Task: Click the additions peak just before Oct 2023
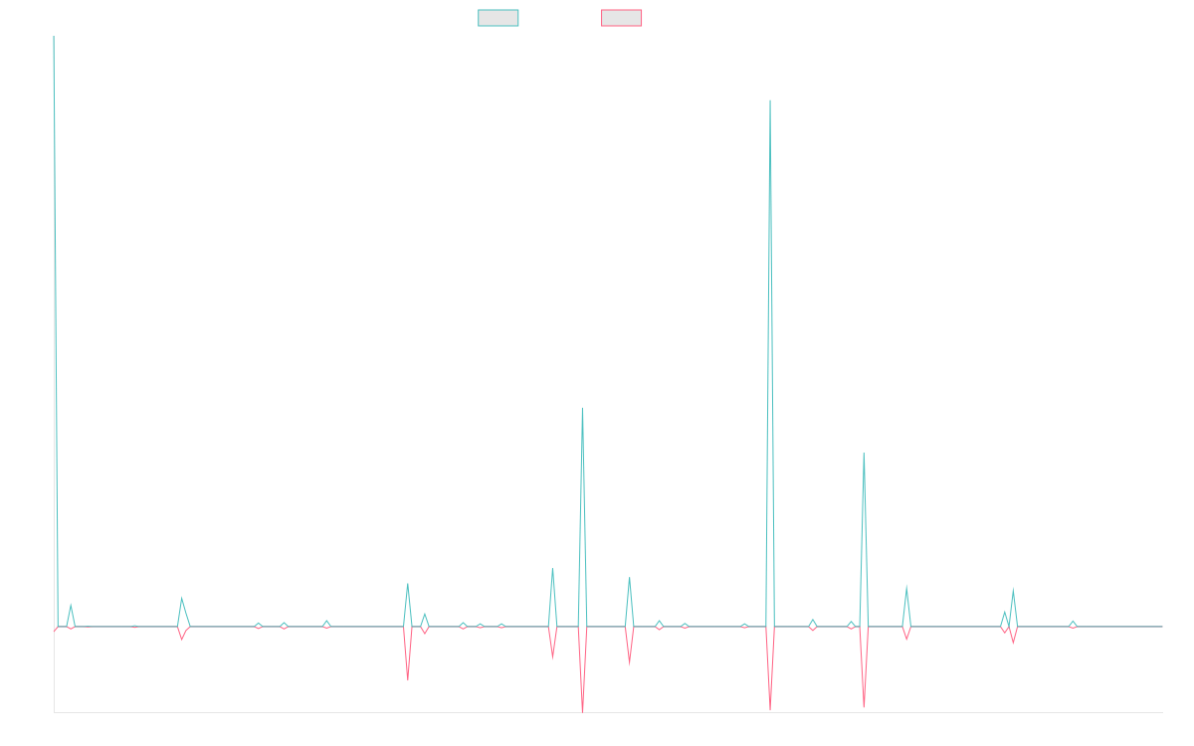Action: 770,100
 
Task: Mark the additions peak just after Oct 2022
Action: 582,408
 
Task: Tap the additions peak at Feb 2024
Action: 864,454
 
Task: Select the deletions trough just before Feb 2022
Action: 408,680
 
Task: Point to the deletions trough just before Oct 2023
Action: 770,710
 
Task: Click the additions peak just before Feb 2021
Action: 181,598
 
